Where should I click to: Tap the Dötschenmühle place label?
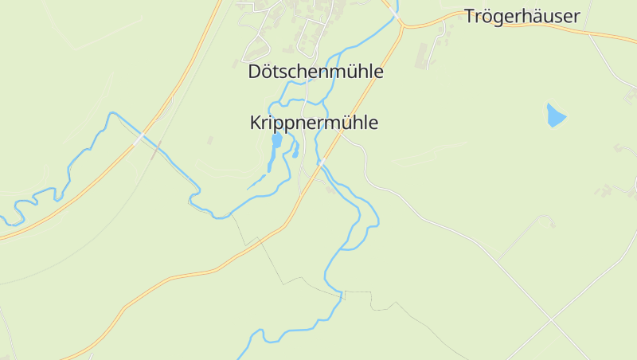point(316,72)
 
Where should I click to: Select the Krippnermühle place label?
point(314,123)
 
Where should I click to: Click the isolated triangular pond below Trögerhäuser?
point(555,116)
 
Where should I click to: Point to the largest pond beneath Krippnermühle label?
point(276,142)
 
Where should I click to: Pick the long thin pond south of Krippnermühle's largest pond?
point(270,162)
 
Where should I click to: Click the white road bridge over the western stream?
point(141,137)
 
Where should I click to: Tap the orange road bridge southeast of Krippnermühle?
point(322,163)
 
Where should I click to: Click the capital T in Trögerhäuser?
point(471,17)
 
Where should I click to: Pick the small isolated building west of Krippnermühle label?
point(210,140)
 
